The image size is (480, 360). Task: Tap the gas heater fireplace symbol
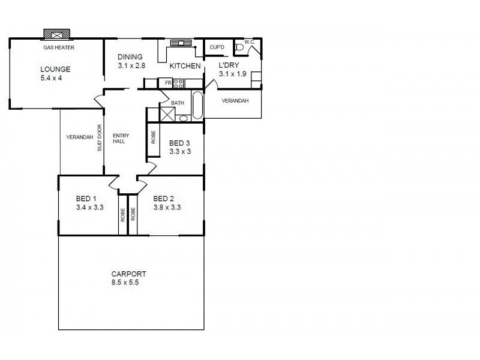(x=56, y=34)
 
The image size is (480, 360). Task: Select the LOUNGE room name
(x=56, y=69)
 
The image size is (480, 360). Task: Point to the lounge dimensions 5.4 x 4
(x=56, y=78)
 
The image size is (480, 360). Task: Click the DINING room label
(x=130, y=57)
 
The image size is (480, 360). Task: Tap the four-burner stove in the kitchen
(x=178, y=83)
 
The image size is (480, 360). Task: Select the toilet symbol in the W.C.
(x=239, y=47)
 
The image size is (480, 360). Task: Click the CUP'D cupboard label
(x=217, y=47)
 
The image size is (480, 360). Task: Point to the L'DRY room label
(x=229, y=65)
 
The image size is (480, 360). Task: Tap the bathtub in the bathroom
(x=197, y=106)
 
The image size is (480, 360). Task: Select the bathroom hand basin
(x=183, y=118)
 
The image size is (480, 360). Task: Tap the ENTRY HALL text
(x=121, y=139)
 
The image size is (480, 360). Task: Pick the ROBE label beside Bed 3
(x=154, y=138)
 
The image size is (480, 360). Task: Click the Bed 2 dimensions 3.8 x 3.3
(x=167, y=208)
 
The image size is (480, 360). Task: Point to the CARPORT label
(x=128, y=274)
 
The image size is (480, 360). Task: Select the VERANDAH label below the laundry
(x=235, y=101)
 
